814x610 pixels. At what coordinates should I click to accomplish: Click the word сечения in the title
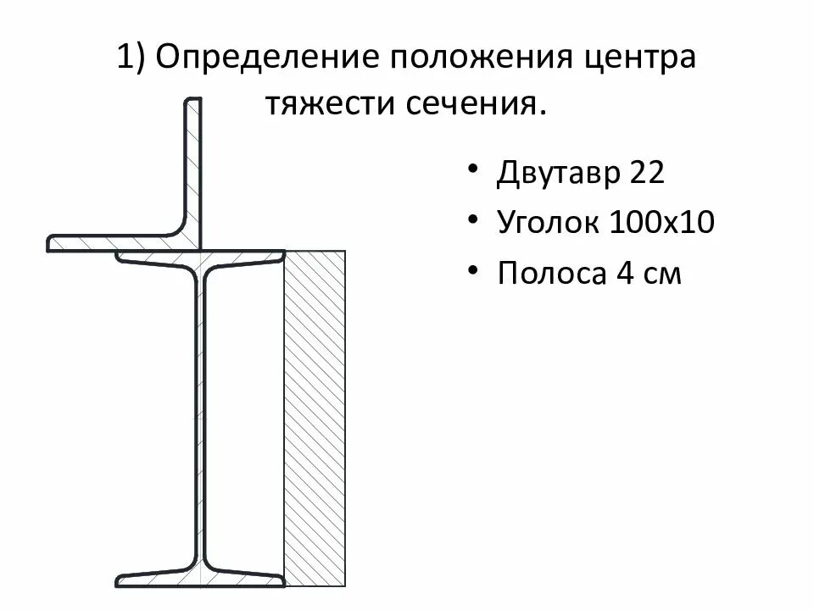pos(476,105)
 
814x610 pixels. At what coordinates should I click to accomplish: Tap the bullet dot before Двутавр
pos(471,169)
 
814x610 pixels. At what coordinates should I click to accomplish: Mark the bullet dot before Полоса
pos(471,269)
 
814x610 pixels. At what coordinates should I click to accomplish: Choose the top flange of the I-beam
pos(201,258)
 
